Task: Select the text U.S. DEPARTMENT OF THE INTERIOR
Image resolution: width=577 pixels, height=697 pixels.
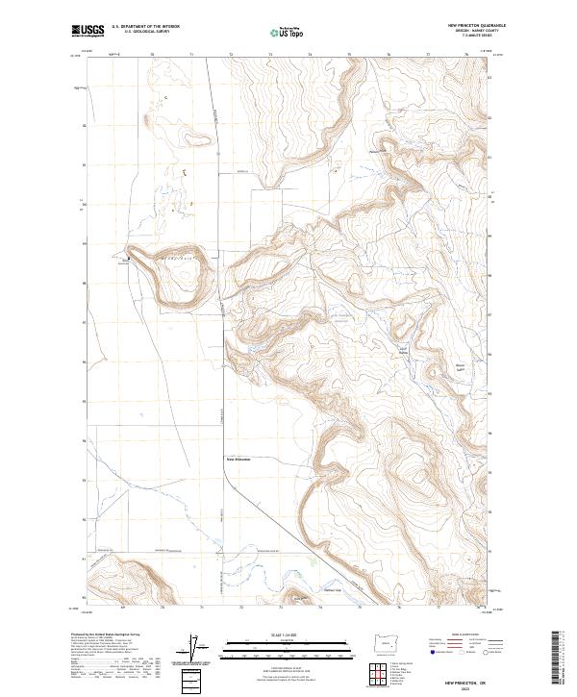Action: (146, 27)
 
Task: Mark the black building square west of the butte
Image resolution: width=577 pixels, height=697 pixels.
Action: (125, 258)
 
